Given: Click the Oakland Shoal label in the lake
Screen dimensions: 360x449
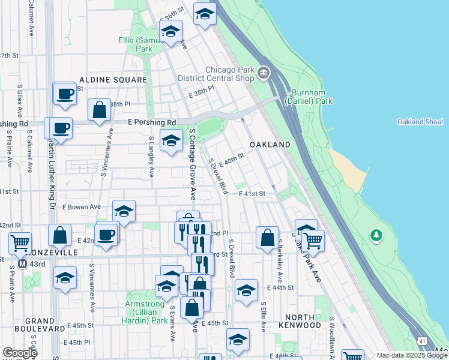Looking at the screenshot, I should (x=420, y=122).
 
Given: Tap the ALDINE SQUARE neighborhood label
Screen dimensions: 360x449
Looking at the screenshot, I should (x=113, y=80).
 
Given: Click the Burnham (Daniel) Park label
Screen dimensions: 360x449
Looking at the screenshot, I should (x=312, y=97).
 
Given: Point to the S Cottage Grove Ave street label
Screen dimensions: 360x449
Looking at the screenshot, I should (x=193, y=163).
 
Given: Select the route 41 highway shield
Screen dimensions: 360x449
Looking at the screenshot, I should (x=424, y=341).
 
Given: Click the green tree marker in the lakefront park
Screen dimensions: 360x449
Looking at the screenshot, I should (x=376, y=235).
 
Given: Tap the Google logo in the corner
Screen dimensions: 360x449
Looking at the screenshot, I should (x=20, y=352).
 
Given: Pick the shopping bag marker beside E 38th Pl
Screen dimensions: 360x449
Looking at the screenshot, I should (x=99, y=110).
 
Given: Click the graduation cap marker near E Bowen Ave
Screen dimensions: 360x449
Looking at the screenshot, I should (x=124, y=211).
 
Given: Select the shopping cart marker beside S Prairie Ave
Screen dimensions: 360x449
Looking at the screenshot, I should (x=20, y=244).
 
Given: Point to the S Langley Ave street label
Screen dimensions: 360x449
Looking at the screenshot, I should (x=151, y=157).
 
